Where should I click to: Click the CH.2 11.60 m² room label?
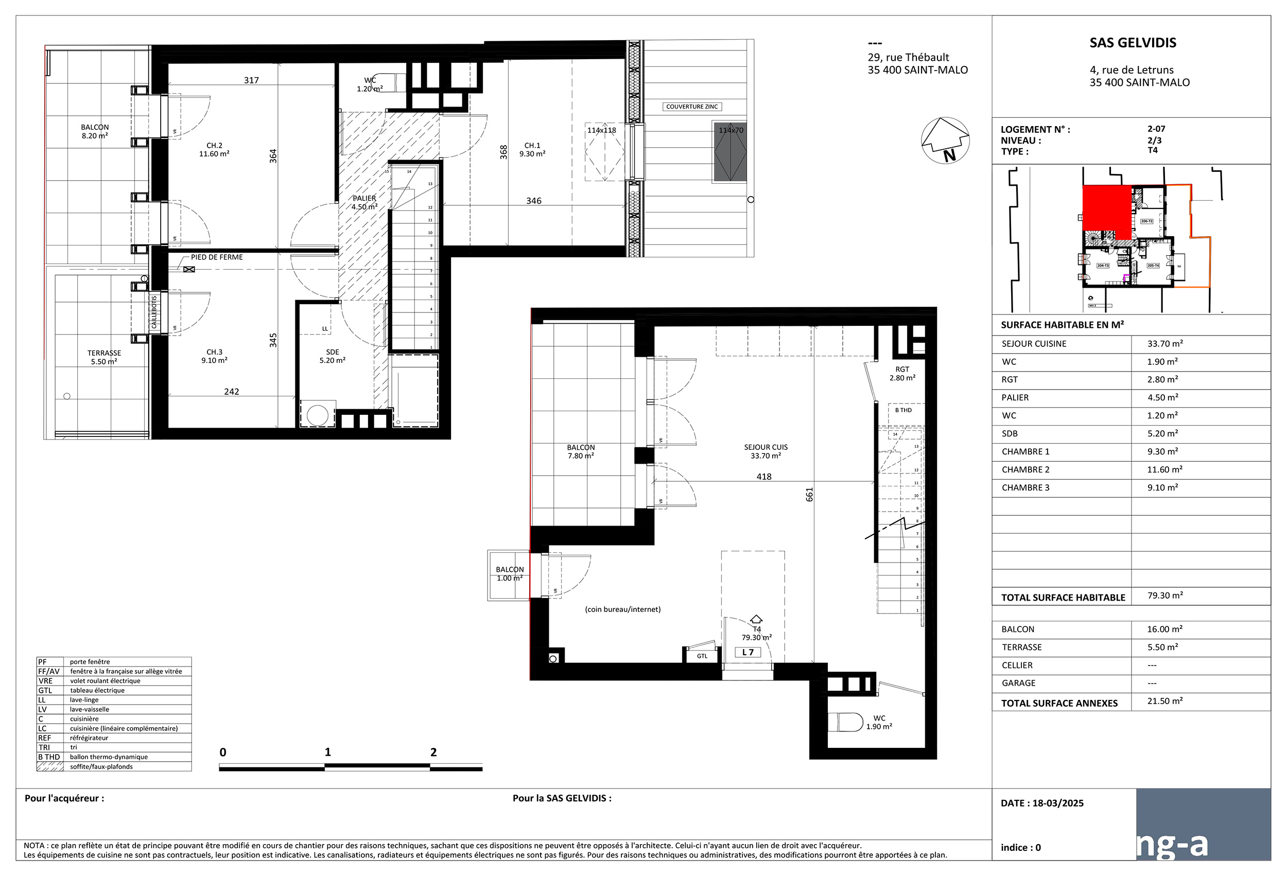(x=214, y=149)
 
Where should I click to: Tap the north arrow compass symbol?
(x=945, y=141)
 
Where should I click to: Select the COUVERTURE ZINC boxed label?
(x=692, y=107)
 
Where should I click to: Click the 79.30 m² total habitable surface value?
(x=1164, y=595)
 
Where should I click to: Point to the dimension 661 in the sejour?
(x=809, y=494)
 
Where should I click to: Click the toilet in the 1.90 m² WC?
(x=846, y=722)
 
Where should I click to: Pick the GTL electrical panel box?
(x=702, y=656)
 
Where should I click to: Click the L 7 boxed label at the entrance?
(x=747, y=652)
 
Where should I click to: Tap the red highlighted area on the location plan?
(x=1106, y=212)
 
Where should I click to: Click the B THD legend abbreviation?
(x=49, y=757)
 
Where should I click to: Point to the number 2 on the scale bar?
(x=433, y=752)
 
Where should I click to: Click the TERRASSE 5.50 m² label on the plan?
(x=104, y=357)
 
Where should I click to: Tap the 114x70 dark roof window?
(x=729, y=152)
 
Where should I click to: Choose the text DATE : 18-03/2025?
(x=1041, y=803)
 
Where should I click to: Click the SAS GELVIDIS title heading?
(x=1133, y=43)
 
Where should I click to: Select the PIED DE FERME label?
(x=217, y=257)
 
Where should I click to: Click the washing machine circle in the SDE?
(x=317, y=415)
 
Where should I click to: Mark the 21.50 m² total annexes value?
(x=1164, y=701)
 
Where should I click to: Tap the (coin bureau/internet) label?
(x=622, y=609)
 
